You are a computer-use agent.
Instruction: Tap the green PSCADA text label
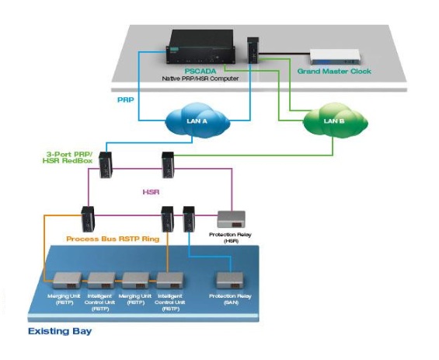(200, 71)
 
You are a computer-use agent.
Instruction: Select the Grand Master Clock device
(335, 57)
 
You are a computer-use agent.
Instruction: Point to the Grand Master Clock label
(335, 72)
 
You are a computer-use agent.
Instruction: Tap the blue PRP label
(127, 100)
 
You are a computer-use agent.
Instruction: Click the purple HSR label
(153, 190)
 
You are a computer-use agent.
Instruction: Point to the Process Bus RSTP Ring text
(113, 239)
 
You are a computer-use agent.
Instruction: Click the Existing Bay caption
(60, 331)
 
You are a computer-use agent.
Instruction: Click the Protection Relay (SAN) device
(231, 281)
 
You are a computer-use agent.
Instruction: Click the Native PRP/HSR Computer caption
(200, 79)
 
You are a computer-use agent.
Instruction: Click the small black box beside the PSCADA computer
(253, 51)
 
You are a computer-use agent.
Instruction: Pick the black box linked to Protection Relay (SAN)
(189, 218)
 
